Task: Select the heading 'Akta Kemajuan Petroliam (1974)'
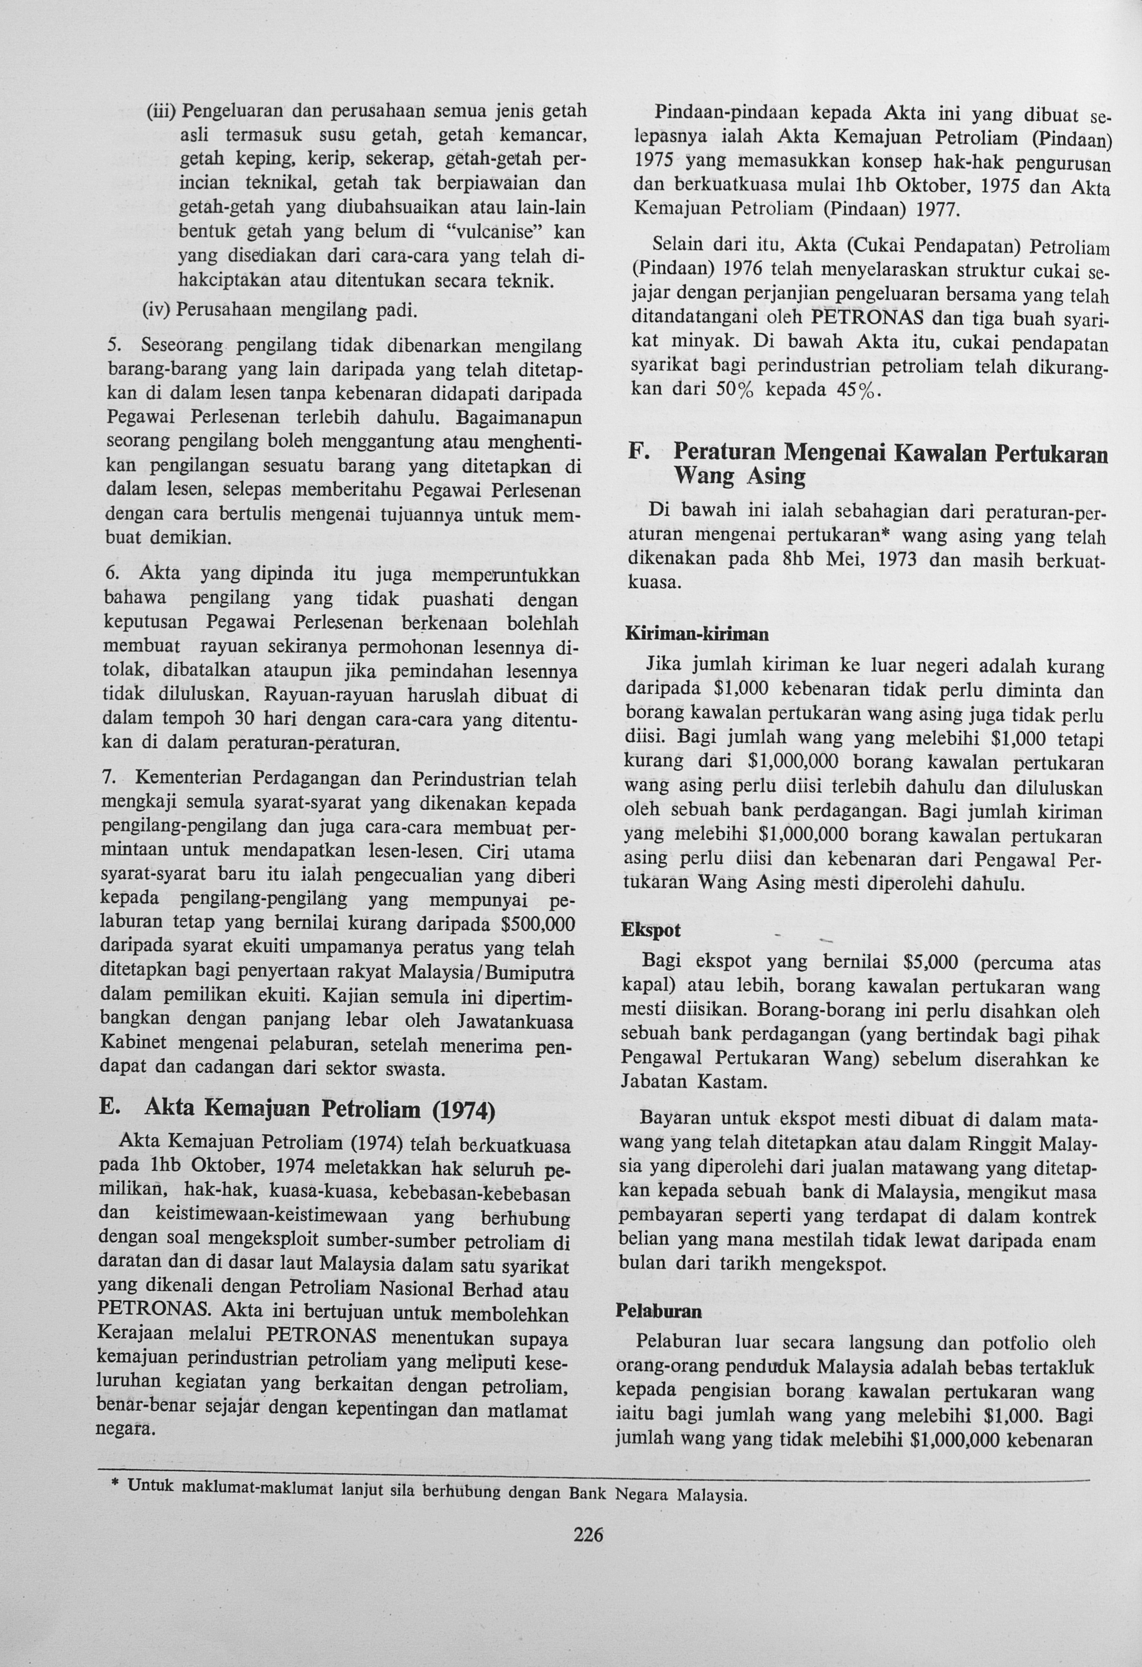pyautogui.click(x=319, y=1108)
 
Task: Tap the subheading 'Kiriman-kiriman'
pyautogui.click(x=697, y=634)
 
